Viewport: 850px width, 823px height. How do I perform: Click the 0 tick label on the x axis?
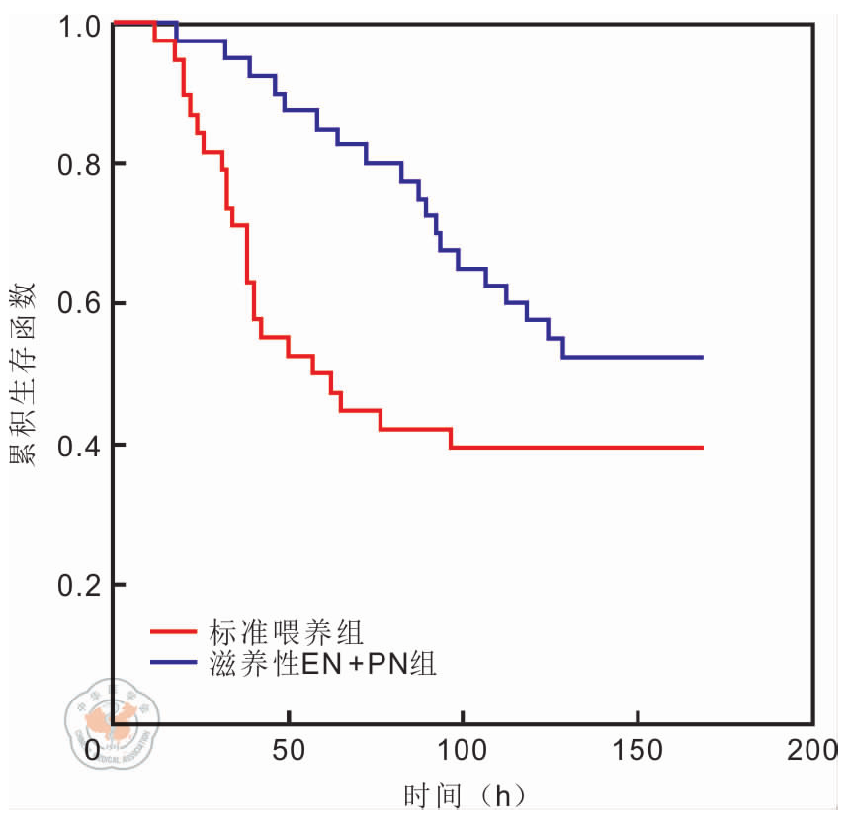point(94,751)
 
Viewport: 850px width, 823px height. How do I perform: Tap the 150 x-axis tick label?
point(637,751)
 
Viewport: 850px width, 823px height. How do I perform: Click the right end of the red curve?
point(702,448)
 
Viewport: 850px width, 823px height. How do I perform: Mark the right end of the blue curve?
point(702,357)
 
